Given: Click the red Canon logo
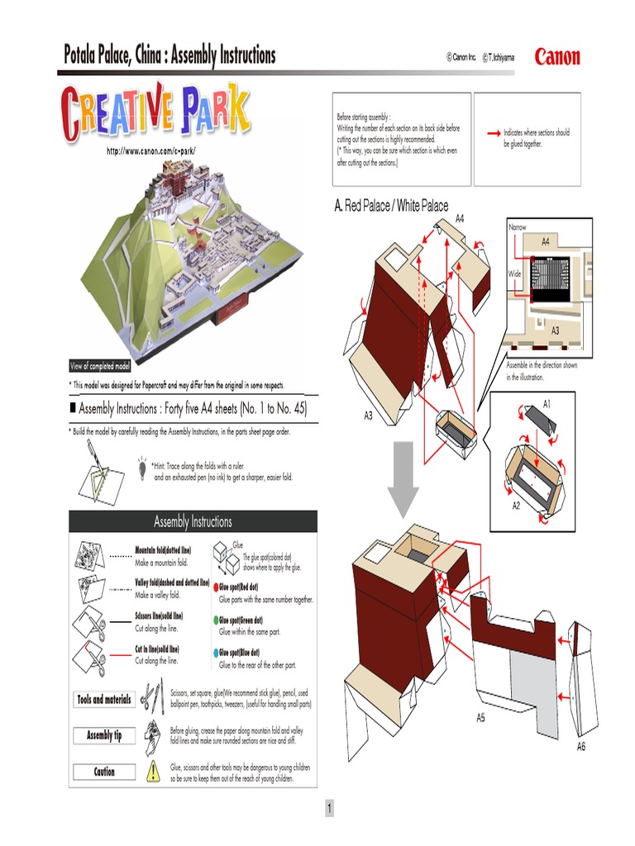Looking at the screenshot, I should pos(557,57).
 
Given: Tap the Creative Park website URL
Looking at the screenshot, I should pos(150,150).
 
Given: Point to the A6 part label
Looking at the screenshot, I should pos(581,746).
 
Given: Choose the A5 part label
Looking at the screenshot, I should pos(480,718).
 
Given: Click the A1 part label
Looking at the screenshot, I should pos(547,402).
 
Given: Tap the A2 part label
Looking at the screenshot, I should pos(516,505).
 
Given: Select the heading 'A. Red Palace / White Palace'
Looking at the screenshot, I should pos(391,205).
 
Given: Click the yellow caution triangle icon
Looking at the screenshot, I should pos(153,772).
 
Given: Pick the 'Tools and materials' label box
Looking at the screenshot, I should pos(104,700).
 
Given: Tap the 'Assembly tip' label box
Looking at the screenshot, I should pos(104,735).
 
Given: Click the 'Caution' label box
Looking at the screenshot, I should pos(104,772).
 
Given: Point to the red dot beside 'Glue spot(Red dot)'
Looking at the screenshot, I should pos(216,587).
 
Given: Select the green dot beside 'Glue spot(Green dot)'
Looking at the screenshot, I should pos(216,620).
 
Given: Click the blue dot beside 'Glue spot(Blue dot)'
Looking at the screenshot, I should pos(216,654).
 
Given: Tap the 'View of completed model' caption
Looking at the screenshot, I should pos(99,366).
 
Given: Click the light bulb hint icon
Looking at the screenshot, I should pos(142,467).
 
